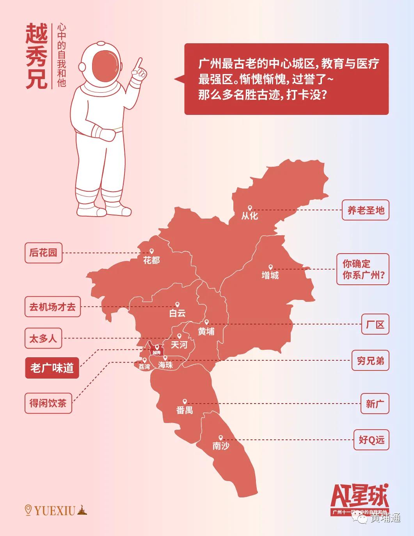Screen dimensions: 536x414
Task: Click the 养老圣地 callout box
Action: (x=366, y=210)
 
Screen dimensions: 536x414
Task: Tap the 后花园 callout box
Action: (x=43, y=252)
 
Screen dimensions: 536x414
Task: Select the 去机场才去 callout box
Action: (x=52, y=307)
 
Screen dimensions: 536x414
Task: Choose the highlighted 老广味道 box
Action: (x=52, y=368)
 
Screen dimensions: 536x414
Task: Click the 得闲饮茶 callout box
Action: (x=48, y=403)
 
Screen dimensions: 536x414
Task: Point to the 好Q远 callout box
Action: (x=371, y=440)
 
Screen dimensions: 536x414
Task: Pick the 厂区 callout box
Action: (x=375, y=324)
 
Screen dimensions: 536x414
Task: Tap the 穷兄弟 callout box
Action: (x=370, y=361)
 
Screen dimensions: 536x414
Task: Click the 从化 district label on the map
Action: (x=249, y=215)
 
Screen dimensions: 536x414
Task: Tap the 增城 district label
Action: (x=270, y=275)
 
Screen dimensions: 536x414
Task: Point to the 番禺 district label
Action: (x=185, y=410)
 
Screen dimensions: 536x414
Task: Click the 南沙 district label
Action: (x=220, y=446)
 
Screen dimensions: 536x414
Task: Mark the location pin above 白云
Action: (x=177, y=305)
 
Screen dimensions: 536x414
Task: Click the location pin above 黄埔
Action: (x=206, y=323)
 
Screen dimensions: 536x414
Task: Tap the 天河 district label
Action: (x=179, y=345)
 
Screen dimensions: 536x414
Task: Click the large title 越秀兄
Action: (x=36, y=56)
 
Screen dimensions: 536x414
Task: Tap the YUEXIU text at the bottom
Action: (x=54, y=510)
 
